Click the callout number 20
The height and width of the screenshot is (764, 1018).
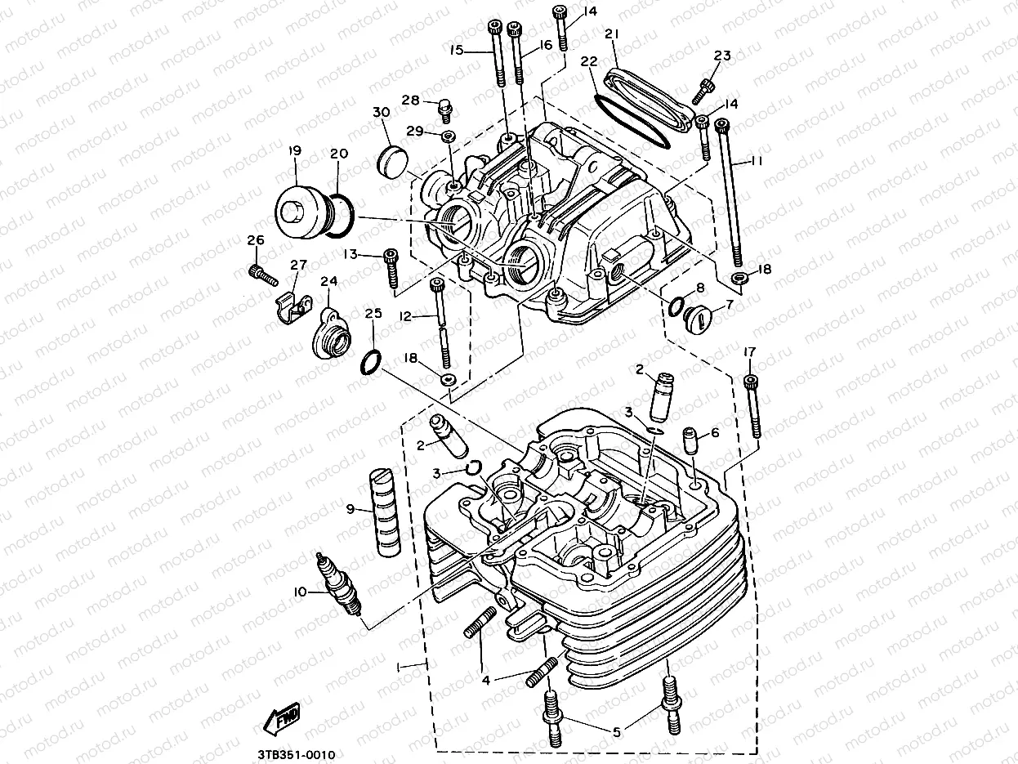click(339, 154)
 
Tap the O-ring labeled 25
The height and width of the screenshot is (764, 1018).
click(372, 360)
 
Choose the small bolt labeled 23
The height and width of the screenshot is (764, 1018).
click(707, 83)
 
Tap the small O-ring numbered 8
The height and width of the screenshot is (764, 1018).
click(676, 306)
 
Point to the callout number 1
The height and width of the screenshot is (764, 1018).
click(399, 667)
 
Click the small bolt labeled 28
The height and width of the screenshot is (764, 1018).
click(447, 105)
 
